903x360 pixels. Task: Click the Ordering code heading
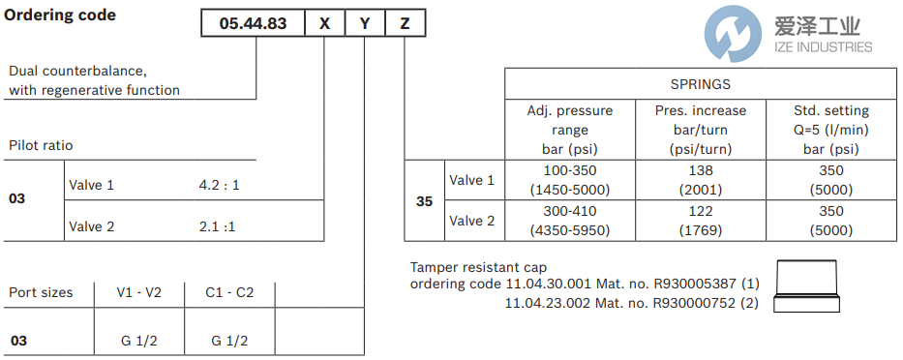60,15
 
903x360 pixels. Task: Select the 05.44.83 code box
253,22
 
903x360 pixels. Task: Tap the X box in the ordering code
324,22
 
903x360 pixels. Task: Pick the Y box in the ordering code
364,22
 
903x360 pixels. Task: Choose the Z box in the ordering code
405,22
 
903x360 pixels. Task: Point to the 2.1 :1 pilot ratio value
218,226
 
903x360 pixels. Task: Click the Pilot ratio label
41,145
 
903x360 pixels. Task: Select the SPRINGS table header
700,84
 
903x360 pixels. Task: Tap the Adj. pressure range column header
570,130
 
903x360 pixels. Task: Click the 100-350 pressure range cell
570,180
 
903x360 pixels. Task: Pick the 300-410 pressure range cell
570,221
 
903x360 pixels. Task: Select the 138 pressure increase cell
699,180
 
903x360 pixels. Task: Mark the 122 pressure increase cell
699,221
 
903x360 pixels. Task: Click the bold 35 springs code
424,201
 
